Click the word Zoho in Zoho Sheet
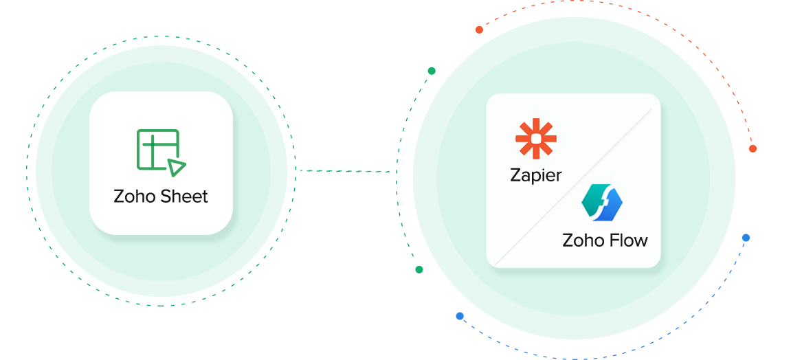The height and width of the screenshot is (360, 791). pyautogui.click(x=135, y=197)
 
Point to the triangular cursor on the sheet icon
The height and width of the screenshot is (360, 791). pyautogui.click(x=176, y=168)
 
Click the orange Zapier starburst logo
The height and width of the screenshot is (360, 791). pyautogui.click(x=535, y=138)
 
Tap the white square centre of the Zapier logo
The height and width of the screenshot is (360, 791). pyautogui.click(x=535, y=138)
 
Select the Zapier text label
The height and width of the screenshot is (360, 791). pyautogui.click(x=535, y=176)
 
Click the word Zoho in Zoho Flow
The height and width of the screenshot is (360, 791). pyautogui.click(x=583, y=241)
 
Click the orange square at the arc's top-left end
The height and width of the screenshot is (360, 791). pyautogui.click(x=479, y=30)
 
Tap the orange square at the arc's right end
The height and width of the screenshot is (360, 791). pyautogui.click(x=752, y=148)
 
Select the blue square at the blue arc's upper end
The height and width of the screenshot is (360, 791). pyautogui.click(x=746, y=238)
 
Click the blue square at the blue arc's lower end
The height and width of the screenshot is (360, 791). pyautogui.click(x=460, y=316)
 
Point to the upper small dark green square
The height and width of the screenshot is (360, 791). pyautogui.click(x=432, y=71)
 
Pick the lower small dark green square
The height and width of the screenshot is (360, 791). pyautogui.click(x=419, y=269)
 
